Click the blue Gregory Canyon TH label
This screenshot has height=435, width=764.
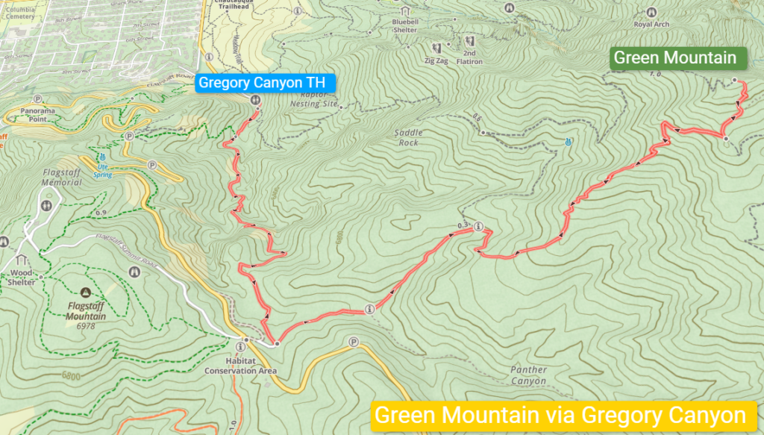click(x=266, y=83)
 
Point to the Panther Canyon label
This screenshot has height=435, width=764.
click(x=529, y=375)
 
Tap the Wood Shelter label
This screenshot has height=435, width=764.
click(x=21, y=278)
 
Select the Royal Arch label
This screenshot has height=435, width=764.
click(x=651, y=24)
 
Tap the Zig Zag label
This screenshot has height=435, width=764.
click(x=436, y=60)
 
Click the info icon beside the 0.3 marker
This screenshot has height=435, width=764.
click(x=478, y=226)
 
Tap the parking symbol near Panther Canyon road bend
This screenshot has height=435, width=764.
click(x=354, y=342)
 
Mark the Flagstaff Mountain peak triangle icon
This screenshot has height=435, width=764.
click(x=86, y=292)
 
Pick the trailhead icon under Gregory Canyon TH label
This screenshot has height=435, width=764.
click(x=255, y=99)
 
